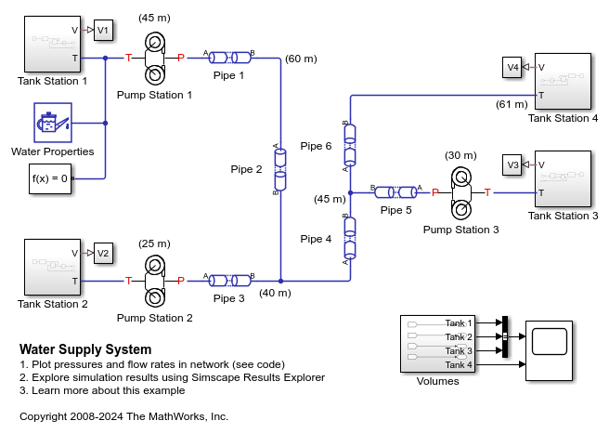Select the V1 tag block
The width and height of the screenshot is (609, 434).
point(104,30)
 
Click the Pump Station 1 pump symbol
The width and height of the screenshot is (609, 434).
point(154,57)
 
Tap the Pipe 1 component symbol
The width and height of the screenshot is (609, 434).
point(229,57)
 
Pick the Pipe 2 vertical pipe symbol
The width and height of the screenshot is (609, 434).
point(279,169)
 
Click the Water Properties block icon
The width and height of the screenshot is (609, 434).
point(52,122)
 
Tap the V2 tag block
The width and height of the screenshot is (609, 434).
point(104,253)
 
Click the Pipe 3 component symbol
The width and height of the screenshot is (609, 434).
point(229,280)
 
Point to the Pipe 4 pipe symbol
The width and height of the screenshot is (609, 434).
point(349,239)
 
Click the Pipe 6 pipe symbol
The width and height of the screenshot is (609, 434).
point(349,146)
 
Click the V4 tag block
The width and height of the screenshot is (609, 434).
point(512,67)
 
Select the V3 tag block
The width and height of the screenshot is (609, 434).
point(512,164)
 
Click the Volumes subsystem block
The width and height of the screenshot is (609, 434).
point(437,344)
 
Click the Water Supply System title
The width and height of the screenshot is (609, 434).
point(84,349)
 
